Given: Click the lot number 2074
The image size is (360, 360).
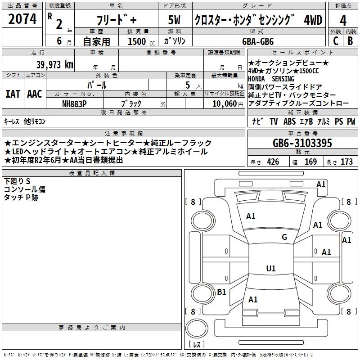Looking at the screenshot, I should pyautogui.click(x=22, y=19).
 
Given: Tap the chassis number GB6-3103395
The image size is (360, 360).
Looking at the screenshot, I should pyautogui.click(x=302, y=143).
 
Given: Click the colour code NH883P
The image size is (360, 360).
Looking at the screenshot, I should pyautogui.click(x=74, y=103).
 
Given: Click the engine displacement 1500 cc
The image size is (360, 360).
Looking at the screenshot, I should pyautogui.click(x=137, y=41).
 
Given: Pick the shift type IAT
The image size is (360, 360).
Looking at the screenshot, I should pyautogui.click(x=13, y=94).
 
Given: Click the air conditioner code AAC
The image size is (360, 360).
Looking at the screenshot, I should pyautogui.click(x=34, y=94).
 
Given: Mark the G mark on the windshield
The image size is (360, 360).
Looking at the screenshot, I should pyautogui.click(x=284, y=237).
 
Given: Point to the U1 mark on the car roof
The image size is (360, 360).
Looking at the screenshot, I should pyautogui.click(x=270, y=269).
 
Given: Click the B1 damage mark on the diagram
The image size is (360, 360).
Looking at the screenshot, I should pyautogui.click(x=221, y=292).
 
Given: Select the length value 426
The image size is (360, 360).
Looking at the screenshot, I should pyautogui.click(x=273, y=162).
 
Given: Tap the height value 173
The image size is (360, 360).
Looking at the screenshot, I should pyautogui.click(x=346, y=162).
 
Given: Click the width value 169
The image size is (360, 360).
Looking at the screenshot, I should pyautogui.click(x=310, y=162).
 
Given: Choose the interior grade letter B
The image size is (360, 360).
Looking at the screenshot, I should pyautogui.click(x=350, y=41).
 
